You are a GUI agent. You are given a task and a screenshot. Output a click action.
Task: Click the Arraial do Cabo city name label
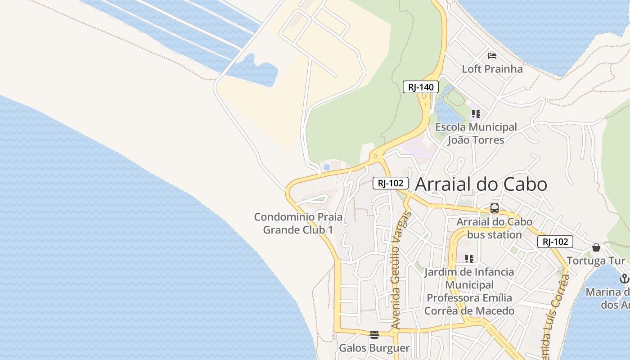pyautogui.click(x=481, y=184)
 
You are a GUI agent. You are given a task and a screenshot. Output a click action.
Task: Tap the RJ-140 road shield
pyautogui.click(x=420, y=87)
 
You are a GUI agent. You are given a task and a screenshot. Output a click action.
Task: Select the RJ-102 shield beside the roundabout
pyautogui.click(x=390, y=183)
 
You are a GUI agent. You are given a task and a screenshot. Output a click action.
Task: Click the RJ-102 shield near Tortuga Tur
pyautogui.click(x=555, y=242)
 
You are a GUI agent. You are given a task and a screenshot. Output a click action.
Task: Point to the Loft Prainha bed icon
pyautogui.click(x=492, y=56)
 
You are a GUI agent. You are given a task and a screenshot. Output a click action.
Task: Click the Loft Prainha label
pyautogui.click(x=492, y=69)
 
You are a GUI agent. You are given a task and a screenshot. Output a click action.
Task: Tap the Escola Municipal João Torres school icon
pyautogui.click(x=476, y=113)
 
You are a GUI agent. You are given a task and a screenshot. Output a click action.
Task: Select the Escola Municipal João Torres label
pyautogui.click(x=476, y=134)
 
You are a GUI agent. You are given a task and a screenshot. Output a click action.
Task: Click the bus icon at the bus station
pyautogui.click(x=495, y=208)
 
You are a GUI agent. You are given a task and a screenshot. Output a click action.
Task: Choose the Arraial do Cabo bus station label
pyautogui.click(x=495, y=228)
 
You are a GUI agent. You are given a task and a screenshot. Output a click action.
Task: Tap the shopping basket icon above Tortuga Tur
pyautogui.click(x=596, y=247)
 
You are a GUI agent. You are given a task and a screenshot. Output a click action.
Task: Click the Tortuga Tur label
pyautogui.click(x=596, y=261)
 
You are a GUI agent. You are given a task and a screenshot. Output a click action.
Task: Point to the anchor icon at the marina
pyautogui.click(x=624, y=279)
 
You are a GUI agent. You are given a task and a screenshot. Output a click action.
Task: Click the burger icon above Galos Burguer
pyautogui.click(x=374, y=334)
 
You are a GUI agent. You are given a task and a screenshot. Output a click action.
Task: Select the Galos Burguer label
pyautogui.click(x=374, y=348)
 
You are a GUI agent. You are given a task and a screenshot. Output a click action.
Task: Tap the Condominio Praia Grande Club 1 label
pyautogui.click(x=298, y=223)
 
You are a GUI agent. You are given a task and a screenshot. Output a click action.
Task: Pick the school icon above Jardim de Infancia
pyautogui.click(x=469, y=258)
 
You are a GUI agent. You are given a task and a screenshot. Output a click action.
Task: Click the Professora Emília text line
pyautogui.click(x=469, y=298)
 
